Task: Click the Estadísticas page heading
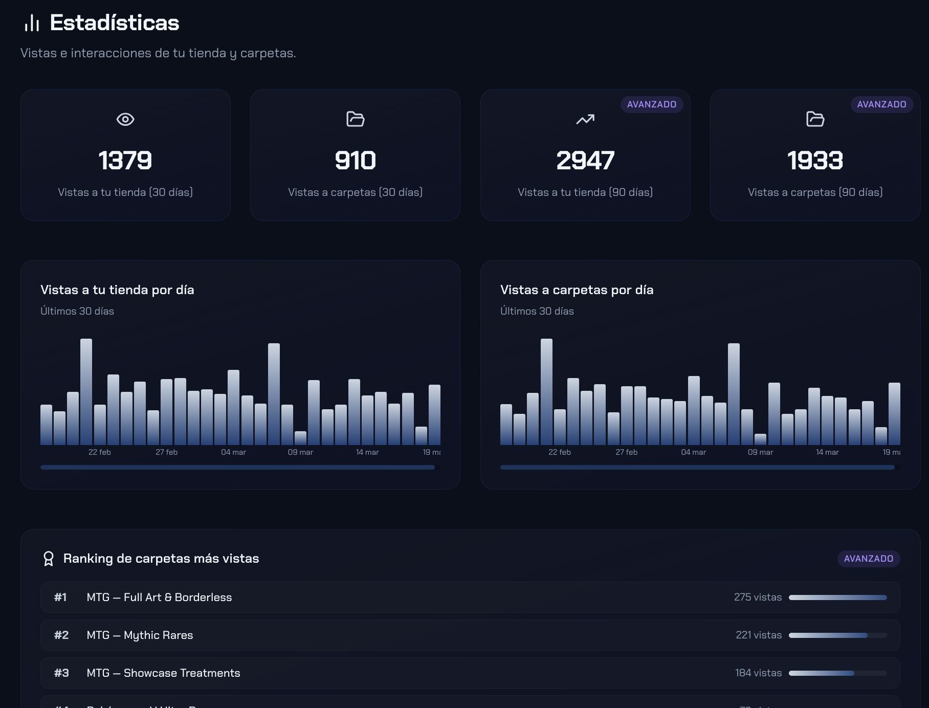(114, 23)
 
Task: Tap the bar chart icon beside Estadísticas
(32, 23)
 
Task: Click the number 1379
(125, 161)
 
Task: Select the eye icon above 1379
(125, 119)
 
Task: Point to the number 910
(355, 161)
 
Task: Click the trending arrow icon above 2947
(585, 119)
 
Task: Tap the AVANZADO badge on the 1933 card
(881, 104)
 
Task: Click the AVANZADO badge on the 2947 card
(651, 104)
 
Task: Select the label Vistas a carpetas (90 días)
(815, 192)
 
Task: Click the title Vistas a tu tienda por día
(117, 290)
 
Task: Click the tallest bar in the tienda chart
(86, 391)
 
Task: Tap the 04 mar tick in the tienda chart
(233, 452)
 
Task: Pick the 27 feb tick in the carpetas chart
(626, 452)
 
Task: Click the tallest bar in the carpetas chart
(546, 391)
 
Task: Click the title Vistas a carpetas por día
(577, 290)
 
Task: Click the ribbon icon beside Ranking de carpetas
(49, 559)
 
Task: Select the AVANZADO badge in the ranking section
(868, 559)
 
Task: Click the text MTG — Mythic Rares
(140, 635)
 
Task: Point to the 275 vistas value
(758, 598)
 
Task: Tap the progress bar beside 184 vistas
(837, 673)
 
